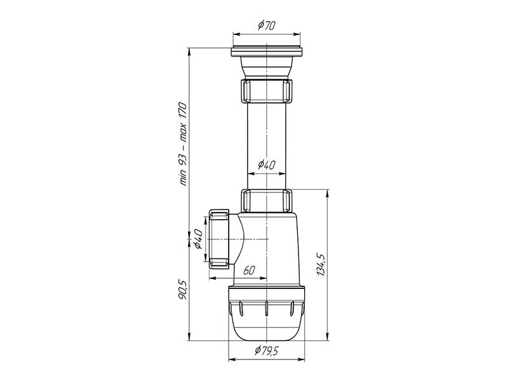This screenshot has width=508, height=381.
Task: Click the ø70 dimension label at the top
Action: click(266, 26)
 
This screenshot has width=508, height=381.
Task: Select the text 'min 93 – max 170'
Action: click(183, 143)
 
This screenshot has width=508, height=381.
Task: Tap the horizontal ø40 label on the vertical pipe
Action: click(266, 164)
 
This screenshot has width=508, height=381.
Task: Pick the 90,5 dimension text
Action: click(183, 291)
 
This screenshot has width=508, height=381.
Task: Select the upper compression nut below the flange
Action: click(267, 90)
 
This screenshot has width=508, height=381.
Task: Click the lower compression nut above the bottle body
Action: click(267, 200)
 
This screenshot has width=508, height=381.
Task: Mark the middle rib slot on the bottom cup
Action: click(266, 311)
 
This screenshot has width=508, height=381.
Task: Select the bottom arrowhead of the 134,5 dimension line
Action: click(327, 338)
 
